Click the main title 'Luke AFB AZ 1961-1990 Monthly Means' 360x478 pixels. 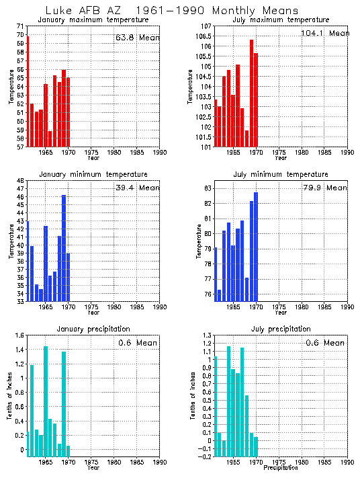coord(179,10)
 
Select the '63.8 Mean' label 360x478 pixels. coord(138,38)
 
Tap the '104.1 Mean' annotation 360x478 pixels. coord(326,33)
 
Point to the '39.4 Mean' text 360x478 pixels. coord(138,188)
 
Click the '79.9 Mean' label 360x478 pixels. coord(326,189)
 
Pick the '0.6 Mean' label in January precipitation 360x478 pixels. coord(138,343)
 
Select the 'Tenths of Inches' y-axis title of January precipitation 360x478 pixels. coord(9,397)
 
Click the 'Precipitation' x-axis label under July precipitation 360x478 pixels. coord(281,467)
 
